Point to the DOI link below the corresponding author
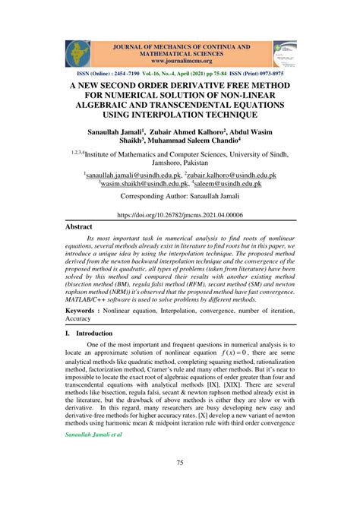click(x=179, y=216)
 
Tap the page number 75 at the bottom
click(x=180, y=463)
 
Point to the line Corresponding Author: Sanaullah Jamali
click(x=180, y=196)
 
